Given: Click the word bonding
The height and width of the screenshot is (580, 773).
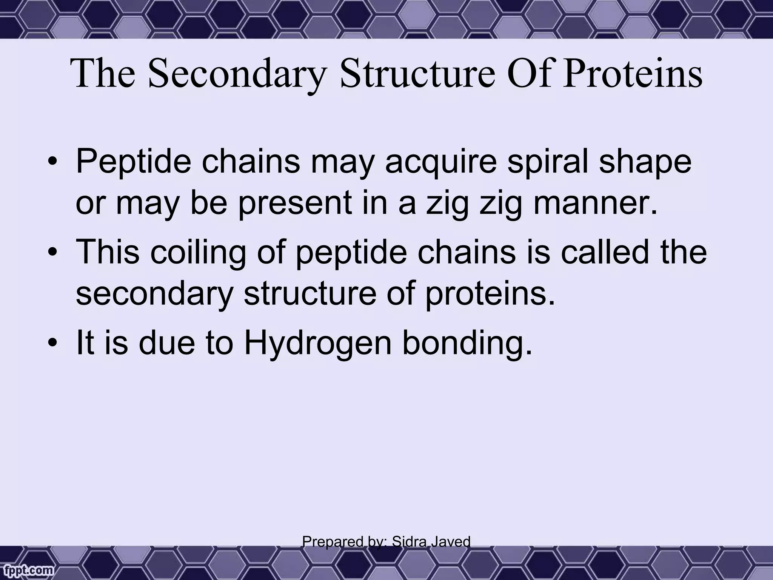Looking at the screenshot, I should click(467, 345).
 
